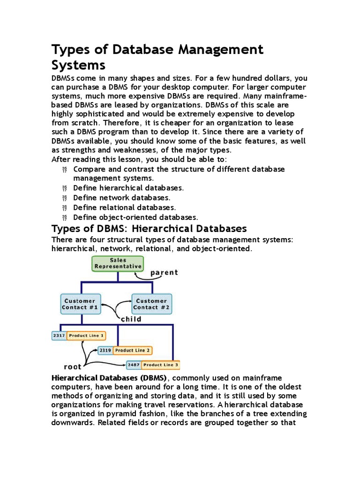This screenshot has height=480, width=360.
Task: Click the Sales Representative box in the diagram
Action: click(x=118, y=263)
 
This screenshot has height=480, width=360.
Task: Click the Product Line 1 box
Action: click(x=86, y=336)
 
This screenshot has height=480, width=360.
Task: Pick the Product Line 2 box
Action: click(x=133, y=350)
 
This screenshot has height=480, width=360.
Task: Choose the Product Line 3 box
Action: click(x=161, y=365)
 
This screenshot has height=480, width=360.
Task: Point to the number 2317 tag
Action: click(x=59, y=336)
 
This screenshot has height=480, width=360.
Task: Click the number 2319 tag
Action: click(x=105, y=350)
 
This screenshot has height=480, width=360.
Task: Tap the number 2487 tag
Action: click(x=133, y=365)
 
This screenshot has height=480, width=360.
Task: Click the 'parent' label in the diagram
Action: click(x=164, y=272)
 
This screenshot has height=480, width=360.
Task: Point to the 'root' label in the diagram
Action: click(x=73, y=367)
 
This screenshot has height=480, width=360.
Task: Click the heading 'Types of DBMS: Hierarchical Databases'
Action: click(x=149, y=229)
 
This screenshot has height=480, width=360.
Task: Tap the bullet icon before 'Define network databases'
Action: click(x=65, y=198)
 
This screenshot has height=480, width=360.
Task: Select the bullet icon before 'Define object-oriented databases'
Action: click(x=65, y=217)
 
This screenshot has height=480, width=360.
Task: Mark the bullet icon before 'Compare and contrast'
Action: click(x=65, y=169)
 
